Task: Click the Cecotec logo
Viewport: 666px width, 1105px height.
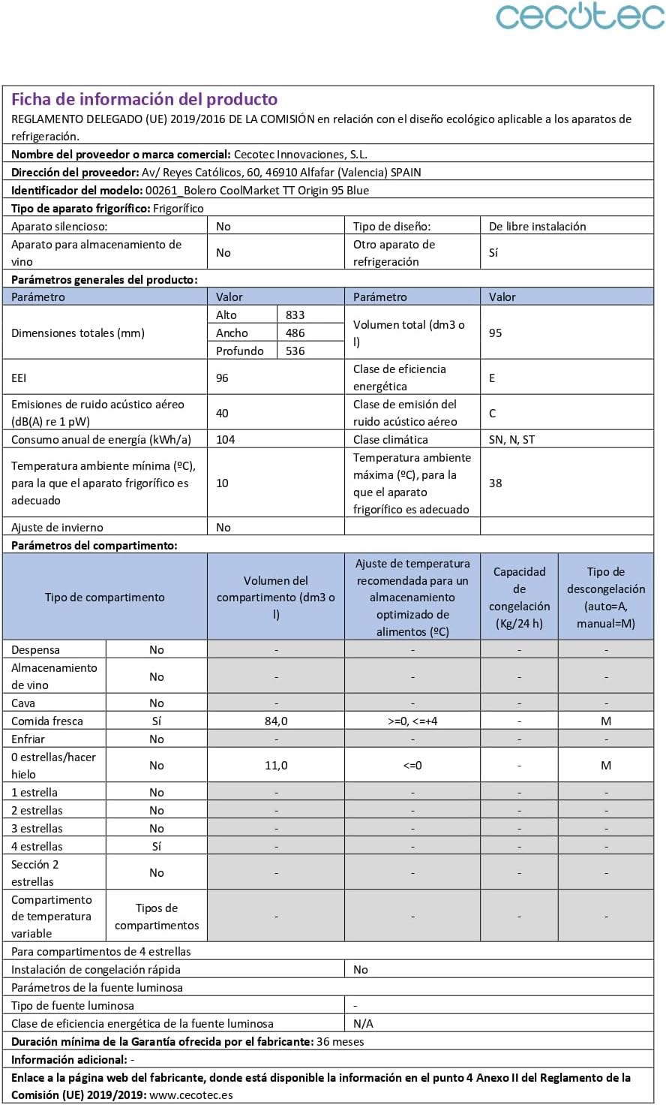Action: (x=579, y=17)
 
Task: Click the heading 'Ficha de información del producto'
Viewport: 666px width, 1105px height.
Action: (x=144, y=99)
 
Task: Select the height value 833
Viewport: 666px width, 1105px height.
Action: (x=295, y=315)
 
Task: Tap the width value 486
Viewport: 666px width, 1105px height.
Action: (x=295, y=333)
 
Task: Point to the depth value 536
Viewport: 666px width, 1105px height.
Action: (x=295, y=351)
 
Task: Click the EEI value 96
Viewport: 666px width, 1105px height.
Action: (x=222, y=378)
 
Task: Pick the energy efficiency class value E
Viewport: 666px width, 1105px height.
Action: (x=492, y=378)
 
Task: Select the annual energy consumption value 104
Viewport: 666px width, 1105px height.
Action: (x=225, y=439)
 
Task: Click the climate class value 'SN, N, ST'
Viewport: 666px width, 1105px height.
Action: (x=511, y=439)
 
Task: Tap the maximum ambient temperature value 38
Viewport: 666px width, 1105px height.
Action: (x=495, y=483)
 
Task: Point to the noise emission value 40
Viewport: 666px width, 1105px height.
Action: (x=222, y=413)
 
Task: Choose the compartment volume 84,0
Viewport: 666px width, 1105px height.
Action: (x=276, y=721)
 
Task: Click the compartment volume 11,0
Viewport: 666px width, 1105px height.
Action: (x=276, y=765)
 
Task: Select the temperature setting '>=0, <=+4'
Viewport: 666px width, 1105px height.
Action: (x=412, y=721)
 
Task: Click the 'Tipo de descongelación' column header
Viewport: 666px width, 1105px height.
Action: (x=605, y=597)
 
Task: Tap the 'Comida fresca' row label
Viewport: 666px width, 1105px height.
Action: (x=47, y=721)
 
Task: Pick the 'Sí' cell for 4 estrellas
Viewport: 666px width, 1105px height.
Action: (x=156, y=846)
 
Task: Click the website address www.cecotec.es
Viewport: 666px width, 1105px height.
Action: (x=191, y=1094)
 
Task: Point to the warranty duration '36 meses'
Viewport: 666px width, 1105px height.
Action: (x=340, y=1041)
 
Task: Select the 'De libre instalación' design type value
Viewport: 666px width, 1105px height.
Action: (x=537, y=226)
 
